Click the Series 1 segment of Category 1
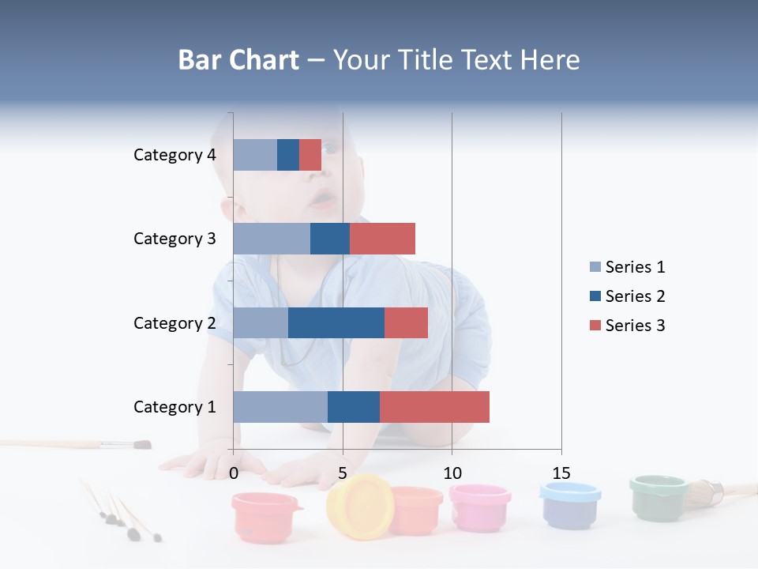[280, 406]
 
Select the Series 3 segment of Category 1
[434, 406]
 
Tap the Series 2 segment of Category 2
[336, 322]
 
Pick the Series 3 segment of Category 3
[382, 239]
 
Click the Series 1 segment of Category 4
[255, 155]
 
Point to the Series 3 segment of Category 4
[310, 155]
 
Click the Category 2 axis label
[174, 322]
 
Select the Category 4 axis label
[174, 155]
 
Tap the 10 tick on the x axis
[452, 473]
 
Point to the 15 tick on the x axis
[561, 473]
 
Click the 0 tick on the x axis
[234, 473]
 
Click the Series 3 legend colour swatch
[595, 326]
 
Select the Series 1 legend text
[635, 267]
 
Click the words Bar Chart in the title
[238, 59]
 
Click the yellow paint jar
[359, 506]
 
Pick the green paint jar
[659, 497]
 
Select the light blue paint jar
[569, 505]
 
